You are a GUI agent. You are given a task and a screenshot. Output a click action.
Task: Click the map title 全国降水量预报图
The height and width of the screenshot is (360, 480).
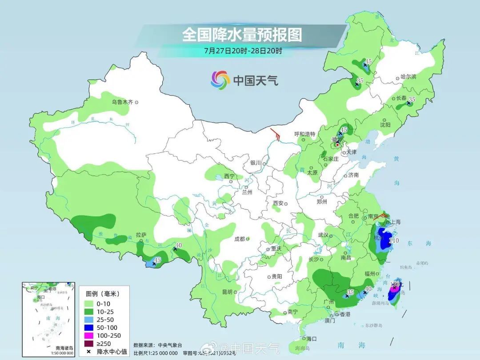point(242,35)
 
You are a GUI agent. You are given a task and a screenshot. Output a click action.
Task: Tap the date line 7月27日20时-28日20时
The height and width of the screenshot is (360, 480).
point(243,50)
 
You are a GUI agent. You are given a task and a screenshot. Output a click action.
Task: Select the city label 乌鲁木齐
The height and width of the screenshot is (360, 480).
point(122,102)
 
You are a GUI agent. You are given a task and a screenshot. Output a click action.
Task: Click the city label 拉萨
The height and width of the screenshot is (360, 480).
point(141,235)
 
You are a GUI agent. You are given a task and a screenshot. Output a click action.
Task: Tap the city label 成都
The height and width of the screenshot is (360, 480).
point(240,239)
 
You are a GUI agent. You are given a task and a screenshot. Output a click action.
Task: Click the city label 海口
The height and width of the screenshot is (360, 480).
point(311,339)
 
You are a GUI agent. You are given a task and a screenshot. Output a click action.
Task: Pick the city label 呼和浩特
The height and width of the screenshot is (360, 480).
point(305,134)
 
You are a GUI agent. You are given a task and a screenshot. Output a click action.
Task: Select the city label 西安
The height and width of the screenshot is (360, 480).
point(278,203)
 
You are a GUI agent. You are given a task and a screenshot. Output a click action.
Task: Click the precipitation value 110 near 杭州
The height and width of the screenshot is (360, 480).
point(393,240)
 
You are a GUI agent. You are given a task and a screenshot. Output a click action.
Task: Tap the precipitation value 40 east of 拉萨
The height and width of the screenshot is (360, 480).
point(179,245)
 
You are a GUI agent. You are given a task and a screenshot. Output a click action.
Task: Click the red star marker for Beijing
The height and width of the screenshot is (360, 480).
point(337,144)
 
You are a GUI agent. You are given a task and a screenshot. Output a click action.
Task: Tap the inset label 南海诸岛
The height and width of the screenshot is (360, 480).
point(64,348)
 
